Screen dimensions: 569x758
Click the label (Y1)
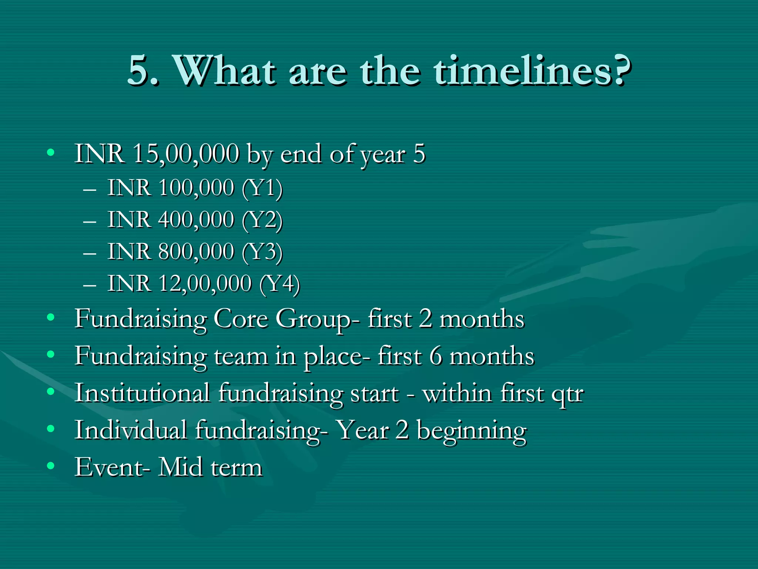tap(262, 188)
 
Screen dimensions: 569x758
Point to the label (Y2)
tap(262, 220)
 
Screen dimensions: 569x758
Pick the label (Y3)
tap(262, 252)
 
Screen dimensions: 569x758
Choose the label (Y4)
tap(280, 284)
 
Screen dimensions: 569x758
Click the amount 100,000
tap(197, 188)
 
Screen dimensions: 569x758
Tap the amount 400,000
tap(197, 220)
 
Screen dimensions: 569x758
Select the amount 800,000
tap(197, 252)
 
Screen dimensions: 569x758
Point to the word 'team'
tap(241, 356)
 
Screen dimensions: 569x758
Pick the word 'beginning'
tap(472, 431)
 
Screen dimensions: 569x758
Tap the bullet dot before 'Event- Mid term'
tap(51, 465)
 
